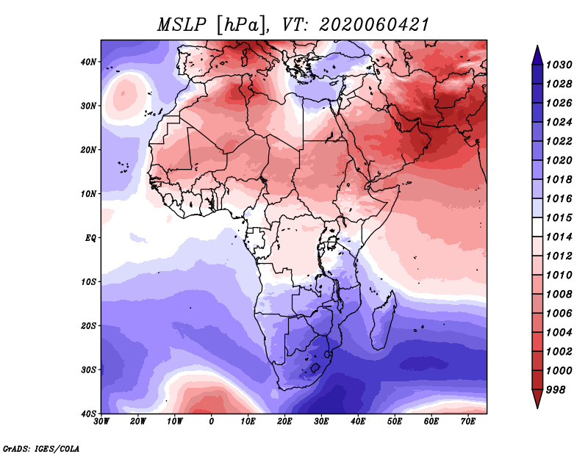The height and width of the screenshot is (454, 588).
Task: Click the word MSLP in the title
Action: (x=182, y=25)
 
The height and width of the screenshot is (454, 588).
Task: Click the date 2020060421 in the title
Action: (x=374, y=25)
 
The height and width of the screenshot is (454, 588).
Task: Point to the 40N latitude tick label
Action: (x=88, y=62)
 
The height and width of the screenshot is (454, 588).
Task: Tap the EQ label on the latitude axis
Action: (x=90, y=238)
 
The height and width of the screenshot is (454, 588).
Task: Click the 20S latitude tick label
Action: (x=88, y=325)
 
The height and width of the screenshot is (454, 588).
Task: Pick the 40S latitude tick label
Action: (x=88, y=414)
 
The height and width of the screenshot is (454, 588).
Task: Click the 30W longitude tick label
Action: (x=101, y=422)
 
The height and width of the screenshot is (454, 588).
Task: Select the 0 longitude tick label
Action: (x=212, y=422)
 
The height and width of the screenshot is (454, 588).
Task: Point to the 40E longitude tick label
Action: (x=358, y=422)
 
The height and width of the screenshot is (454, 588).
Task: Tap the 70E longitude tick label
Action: (x=467, y=422)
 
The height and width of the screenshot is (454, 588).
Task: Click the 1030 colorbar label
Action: (x=559, y=65)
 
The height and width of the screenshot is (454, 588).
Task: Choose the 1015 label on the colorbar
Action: (x=559, y=217)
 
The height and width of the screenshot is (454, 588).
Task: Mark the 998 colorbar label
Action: (x=556, y=390)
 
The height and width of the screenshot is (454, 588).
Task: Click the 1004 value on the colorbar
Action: (x=559, y=333)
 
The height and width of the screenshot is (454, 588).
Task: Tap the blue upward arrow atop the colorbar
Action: (x=537, y=55)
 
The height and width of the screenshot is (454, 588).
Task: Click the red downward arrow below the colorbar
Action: (x=537, y=399)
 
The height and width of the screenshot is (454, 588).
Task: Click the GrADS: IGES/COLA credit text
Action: (x=41, y=449)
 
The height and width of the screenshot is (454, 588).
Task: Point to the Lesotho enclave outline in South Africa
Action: (x=315, y=367)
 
